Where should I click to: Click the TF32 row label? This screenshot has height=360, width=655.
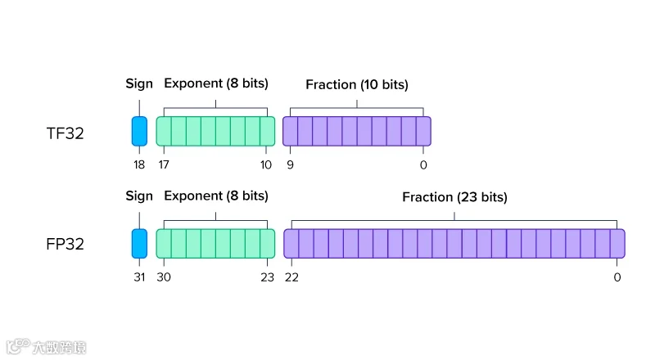coord(65,133)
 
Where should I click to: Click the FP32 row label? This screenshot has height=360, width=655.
coord(65,244)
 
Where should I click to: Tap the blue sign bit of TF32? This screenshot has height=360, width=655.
coord(139,131)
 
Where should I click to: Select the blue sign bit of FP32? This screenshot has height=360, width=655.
coord(139,244)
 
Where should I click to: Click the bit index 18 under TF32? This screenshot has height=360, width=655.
coord(139,165)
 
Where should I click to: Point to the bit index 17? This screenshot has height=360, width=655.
coord(163,165)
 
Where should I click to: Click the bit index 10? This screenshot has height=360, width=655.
coord(265,165)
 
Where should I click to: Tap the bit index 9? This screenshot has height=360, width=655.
coord(290,165)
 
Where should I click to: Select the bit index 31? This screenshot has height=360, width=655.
coord(139,277)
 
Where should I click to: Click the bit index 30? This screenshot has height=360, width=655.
coord(164,277)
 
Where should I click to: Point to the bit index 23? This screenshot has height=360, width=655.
coord(268,277)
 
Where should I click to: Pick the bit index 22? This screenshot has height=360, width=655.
coord(291,277)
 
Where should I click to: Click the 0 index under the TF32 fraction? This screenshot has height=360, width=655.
coord(423,165)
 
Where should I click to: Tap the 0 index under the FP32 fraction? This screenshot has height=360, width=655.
coord(617,277)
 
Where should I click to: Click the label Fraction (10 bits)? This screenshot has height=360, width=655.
coord(357,85)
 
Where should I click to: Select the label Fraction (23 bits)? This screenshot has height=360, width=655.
coord(454,197)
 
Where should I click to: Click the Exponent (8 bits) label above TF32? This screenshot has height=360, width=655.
coord(216,83)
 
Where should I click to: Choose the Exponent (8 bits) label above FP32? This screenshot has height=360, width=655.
coord(216,196)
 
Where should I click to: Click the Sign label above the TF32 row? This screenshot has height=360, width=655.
coord(139,84)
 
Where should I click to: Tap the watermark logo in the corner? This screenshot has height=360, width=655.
coord(47,347)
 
